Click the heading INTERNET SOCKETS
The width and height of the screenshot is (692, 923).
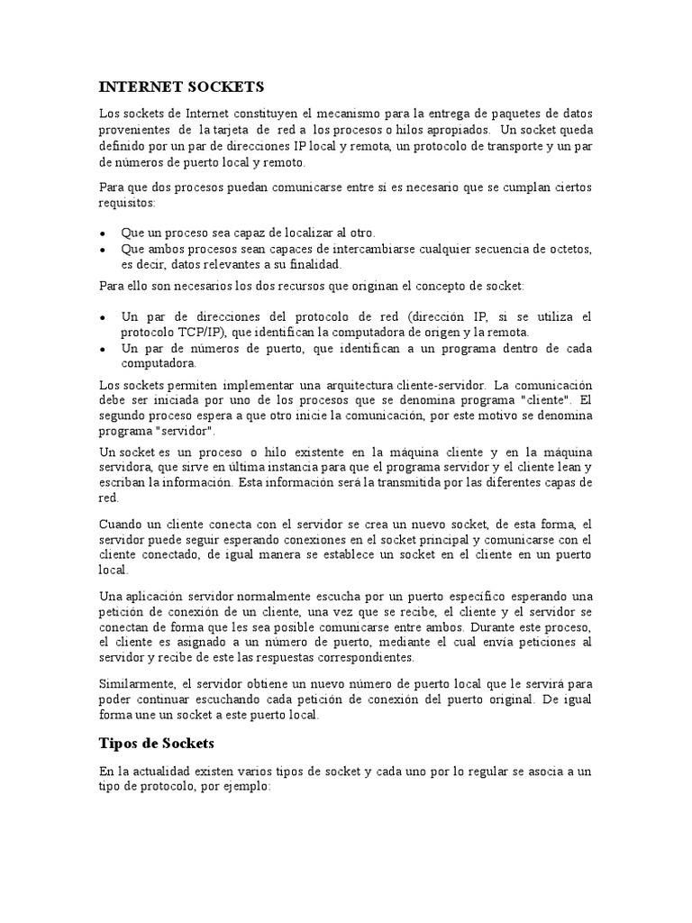(180, 87)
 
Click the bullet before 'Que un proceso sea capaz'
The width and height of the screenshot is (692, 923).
(104, 233)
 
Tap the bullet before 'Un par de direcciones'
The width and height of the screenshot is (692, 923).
(104, 317)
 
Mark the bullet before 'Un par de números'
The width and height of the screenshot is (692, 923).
(104, 348)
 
